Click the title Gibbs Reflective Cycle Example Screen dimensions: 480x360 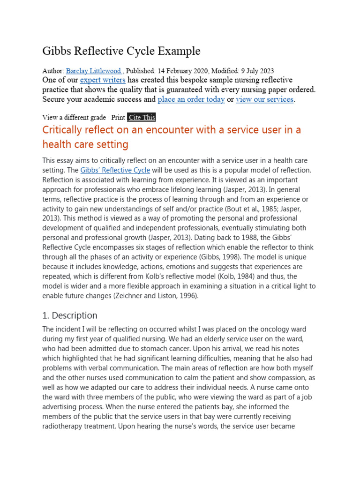point(121,51)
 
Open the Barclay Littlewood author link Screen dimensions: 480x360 point(93,71)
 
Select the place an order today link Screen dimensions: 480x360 point(191,99)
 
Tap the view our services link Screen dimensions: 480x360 point(264,99)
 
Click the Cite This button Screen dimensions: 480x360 point(141,117)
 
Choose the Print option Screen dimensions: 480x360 point(118,117)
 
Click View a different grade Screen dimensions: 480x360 point(74,117)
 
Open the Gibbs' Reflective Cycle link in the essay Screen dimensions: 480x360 point(111,170)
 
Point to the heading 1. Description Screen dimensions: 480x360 point(70,315)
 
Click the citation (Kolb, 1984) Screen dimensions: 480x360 point(258,277)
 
